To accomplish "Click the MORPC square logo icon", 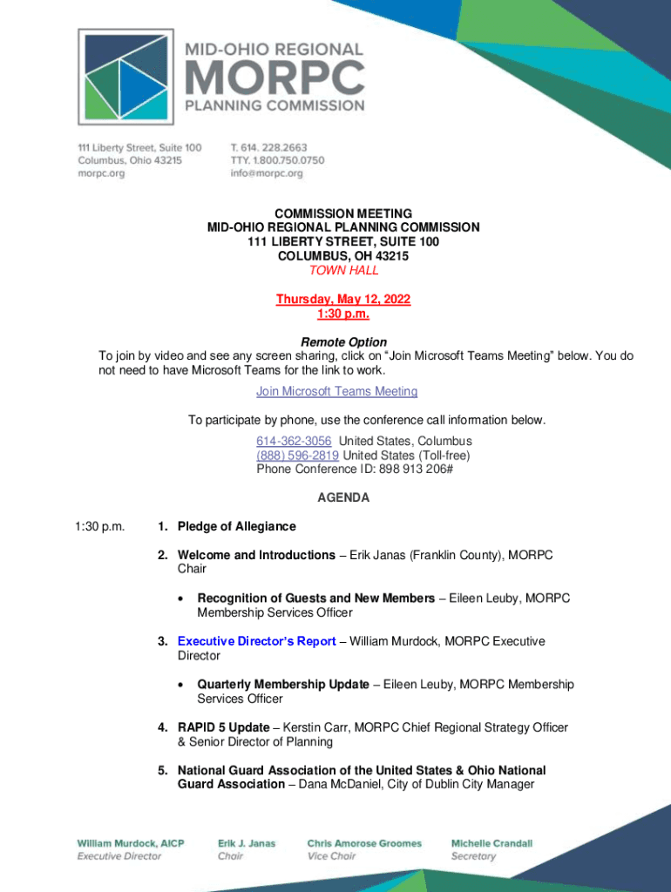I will pos(125,77).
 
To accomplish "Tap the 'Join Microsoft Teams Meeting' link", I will pos(336,392).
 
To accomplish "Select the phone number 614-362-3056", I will pos(294,441).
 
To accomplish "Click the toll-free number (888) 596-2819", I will pos(297,455).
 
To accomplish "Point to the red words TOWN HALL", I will pos(343,271).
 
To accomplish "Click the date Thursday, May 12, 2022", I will pos(343,300).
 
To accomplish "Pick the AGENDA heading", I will pos(343,498).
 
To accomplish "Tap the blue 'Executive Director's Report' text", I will pos(256,641).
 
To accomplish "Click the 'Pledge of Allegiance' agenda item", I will pos(236,526).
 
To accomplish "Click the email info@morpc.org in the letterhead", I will pos(267,173).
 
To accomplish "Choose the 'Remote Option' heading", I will pos(343,342).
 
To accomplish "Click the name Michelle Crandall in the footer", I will pos(491,843).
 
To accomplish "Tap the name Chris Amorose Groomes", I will pos(364,843).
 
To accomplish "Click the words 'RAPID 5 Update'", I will pos(223,727).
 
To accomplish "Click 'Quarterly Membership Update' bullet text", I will pos(283,685).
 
